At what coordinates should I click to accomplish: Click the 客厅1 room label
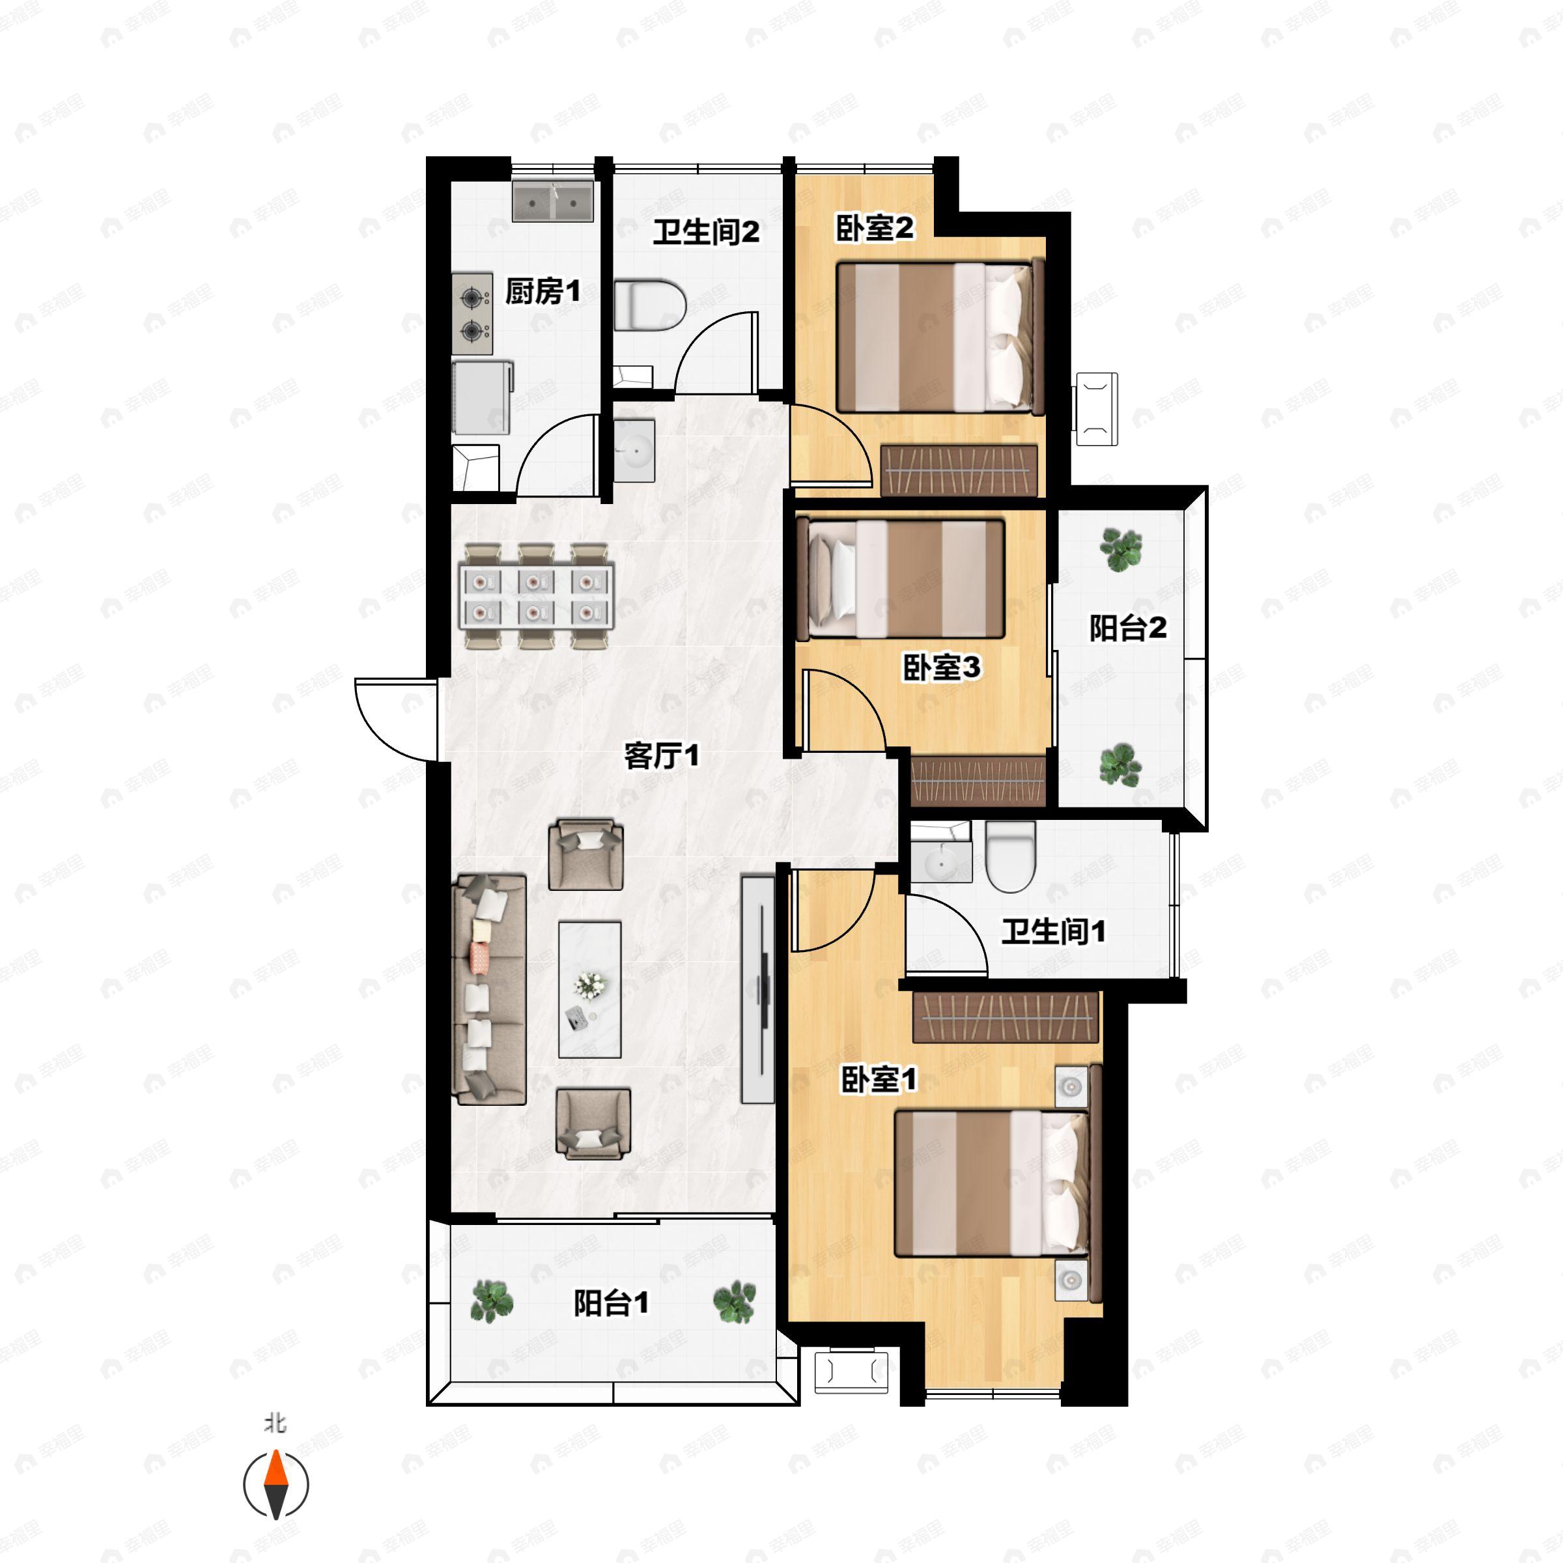click(661, 756)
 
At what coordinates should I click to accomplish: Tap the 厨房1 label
click(543, 291)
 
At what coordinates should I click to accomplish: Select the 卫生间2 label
click(706, 232)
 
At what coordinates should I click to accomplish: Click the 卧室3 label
click(942, 668)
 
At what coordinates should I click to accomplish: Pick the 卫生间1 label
click(1053, 931)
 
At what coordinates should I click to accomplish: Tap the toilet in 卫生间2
click(650, 306)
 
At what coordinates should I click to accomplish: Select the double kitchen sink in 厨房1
click(554, 201)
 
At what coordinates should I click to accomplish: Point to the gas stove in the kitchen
click(472, 314)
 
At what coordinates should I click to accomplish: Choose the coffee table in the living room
click(590, 989)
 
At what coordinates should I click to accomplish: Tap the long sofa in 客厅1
click(490, 989)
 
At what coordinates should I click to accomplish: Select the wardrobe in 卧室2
click(959, 470)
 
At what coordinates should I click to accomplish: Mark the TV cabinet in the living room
click(757, 989)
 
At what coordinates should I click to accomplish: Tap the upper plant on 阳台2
click(1121, 549)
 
